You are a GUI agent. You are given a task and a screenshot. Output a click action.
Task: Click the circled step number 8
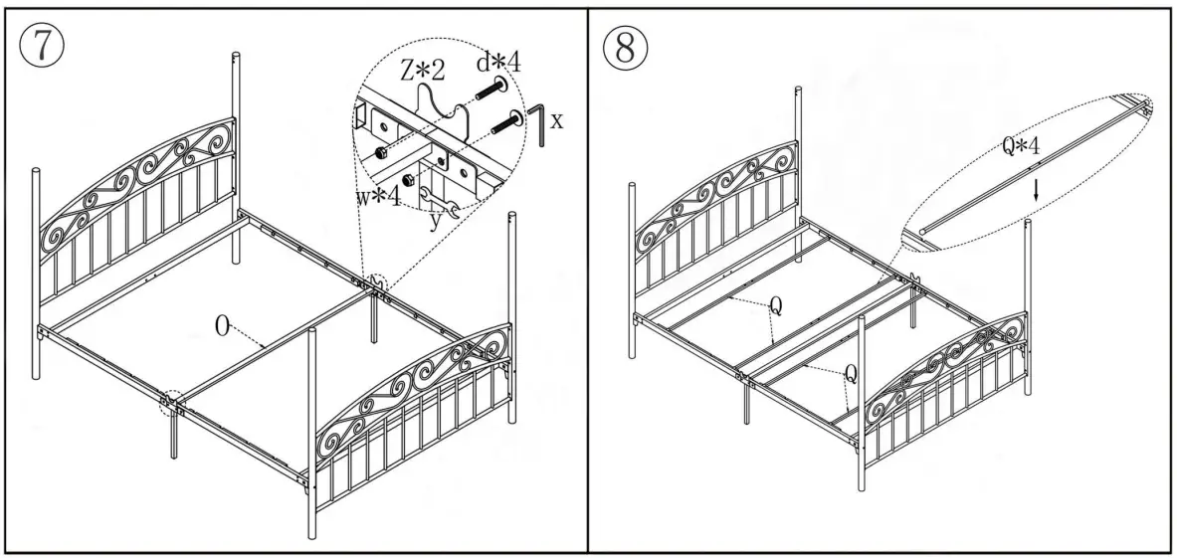click(624, 46)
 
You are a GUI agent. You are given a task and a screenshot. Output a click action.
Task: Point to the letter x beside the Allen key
click(557, 120)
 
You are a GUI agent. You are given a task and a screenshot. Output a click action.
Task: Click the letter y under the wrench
click(435, 221)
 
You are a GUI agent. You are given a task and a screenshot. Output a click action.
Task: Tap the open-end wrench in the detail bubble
click(439, 202)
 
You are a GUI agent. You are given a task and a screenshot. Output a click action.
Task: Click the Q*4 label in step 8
click(1021, 146)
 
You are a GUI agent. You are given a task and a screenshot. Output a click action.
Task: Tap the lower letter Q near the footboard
click(852, 374)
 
